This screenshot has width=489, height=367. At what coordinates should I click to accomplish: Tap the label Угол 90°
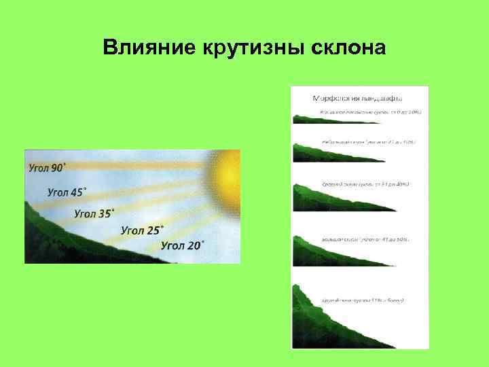pyautogui.click(x=48, y=167)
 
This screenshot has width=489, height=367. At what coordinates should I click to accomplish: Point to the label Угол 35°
pyautogui.click(x=94, y=213)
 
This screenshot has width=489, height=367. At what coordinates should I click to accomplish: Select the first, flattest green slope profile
pyautogui.click(x=319, y=120)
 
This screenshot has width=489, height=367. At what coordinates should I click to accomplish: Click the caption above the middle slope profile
pyautogui.click(x=366, y=185)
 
